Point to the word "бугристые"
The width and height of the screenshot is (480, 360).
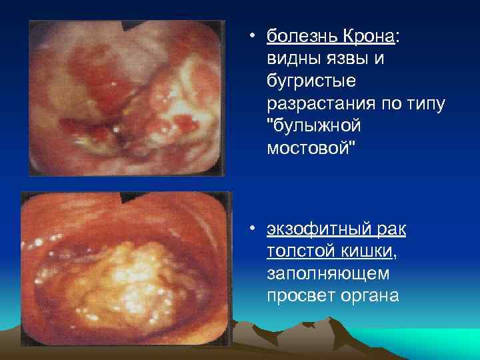pos(311,81)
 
